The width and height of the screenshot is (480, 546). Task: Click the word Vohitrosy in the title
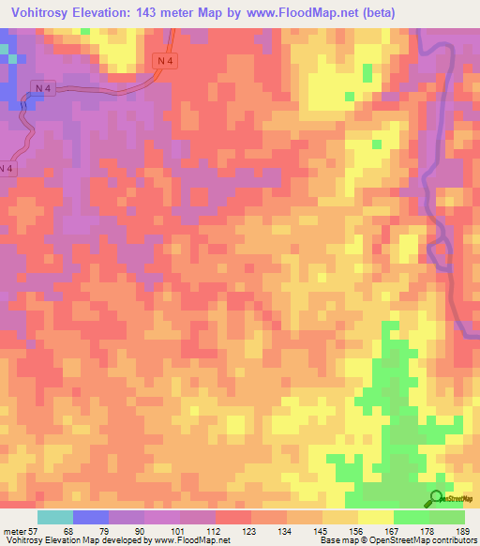[x=41, y=12]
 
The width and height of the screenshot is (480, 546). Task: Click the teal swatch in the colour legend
[x=55, y=517]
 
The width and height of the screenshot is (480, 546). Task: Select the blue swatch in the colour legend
[x=91, y=517]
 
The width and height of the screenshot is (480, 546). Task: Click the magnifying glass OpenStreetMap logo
[x=438, y=499]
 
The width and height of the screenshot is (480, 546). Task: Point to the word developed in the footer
[x=117, y=541]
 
